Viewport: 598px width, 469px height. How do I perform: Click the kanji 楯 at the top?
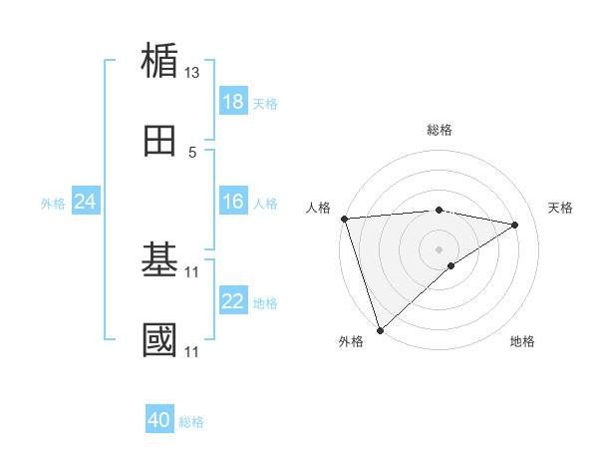[x=160, y=61]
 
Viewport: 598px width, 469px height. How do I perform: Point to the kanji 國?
[x=160, y=339]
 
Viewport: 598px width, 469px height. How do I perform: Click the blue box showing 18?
[x=233, y=102]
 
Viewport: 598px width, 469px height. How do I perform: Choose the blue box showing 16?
[x=233, y=203]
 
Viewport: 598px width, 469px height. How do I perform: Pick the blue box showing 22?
[x=233, y=302]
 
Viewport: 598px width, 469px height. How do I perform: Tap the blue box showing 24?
[x=86, y=203]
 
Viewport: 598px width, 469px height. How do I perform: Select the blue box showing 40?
[x=159, y=421]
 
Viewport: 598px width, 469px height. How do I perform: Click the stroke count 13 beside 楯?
[x=192, y=73]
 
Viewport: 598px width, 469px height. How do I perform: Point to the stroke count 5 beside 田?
[x=192, y=153]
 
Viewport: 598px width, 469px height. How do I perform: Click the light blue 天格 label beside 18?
[x=265, y=103]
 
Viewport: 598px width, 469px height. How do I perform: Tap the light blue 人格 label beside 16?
[x=265, y=204]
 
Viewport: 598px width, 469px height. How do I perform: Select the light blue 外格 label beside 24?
[x=53, y=204]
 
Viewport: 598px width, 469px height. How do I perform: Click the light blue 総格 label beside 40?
[x=191, y=422]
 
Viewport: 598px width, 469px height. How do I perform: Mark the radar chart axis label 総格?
[x=440, y=130]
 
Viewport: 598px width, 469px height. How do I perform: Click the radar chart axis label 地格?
[x=522, y=341]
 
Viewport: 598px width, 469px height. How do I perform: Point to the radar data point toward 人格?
[x=344, y=219]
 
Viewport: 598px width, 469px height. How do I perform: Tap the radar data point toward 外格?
[x=380, y=329]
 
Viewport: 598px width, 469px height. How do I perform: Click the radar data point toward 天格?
[x=515, y=225]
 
